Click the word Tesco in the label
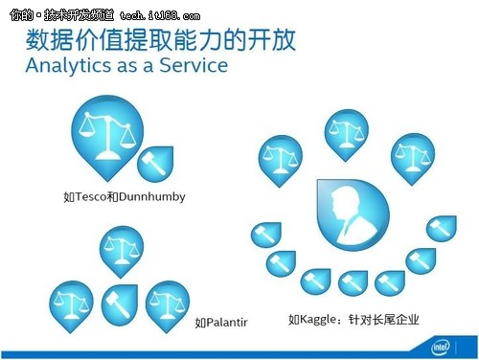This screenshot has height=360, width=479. [93, 197]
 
